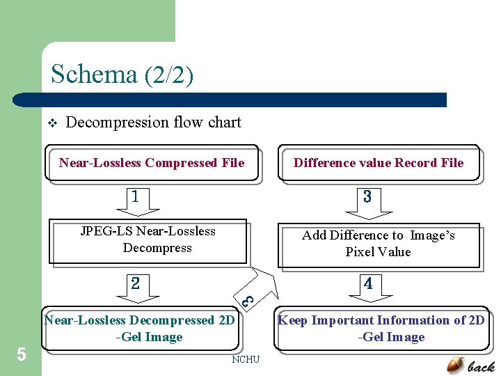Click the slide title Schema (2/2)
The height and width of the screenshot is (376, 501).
pyautogui.click(x=122, y=74)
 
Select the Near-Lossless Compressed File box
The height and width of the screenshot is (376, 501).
pyautogui.click(x=152, y=163)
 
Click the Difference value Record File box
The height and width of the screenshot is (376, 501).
pyautogui.click(x=379, y=163)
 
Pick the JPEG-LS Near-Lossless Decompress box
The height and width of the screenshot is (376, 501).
pyautogui.click(x=148, y=240)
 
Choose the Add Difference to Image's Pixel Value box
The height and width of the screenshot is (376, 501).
pyautogui.click(x=379, y=244)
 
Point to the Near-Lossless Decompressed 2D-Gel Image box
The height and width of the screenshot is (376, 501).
pyautogui.click(x=139, y=329)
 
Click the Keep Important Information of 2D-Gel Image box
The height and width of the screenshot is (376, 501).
pyautogui.click(x=381, y=329)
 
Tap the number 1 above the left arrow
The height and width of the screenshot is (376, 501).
pyautogui.click(x=135, y=196)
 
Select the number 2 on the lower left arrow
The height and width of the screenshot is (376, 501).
pyautogui.click(x=136, y=283)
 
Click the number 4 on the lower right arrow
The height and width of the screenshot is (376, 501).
pyautogui.click(x=368, y=283)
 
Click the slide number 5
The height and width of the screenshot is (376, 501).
pyautogui.click(x=21, y=355)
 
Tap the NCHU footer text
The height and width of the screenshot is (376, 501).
pyautogui.click(x=246, y=359)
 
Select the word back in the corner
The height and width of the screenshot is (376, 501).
pyautogui.click(x=482, y=366)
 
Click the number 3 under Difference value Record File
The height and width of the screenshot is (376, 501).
pyautogui.click(x=367, y=197)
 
